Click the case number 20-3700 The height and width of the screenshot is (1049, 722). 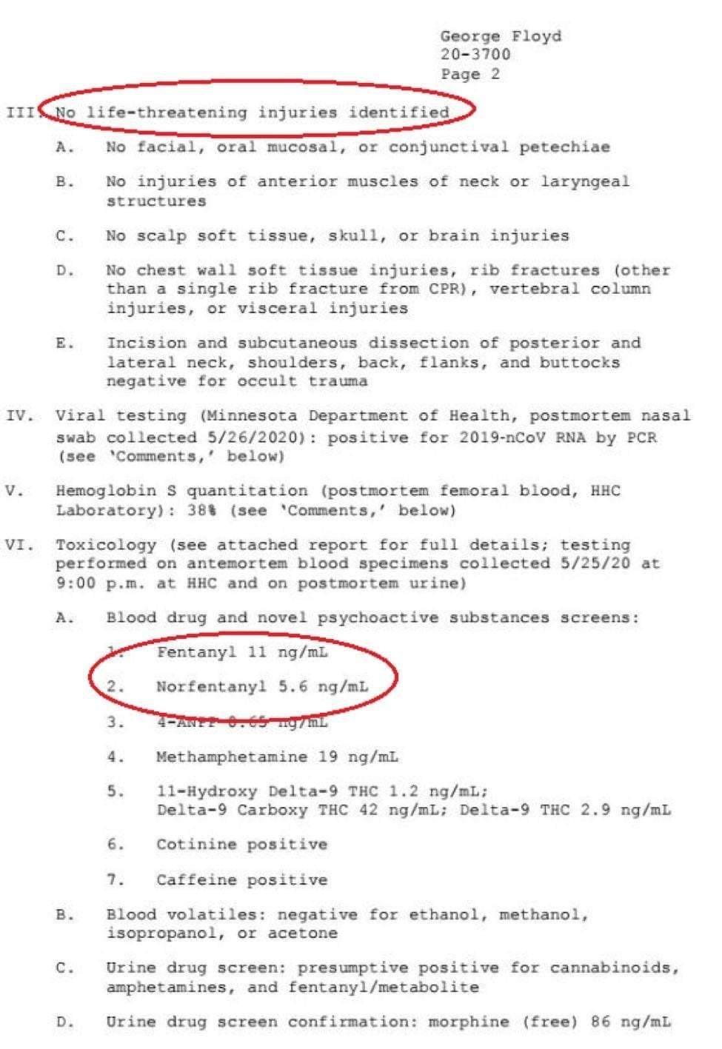click(475, 54)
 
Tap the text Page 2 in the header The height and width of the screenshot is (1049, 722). click(470, 73)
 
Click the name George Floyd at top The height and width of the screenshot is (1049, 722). click(501, 36)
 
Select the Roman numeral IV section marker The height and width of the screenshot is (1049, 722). click(19, 416)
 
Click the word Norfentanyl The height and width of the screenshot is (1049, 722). click(211, 686)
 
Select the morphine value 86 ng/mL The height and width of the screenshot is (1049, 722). click(631, 1022)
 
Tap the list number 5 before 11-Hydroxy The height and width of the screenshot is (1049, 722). click(114, 791)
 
